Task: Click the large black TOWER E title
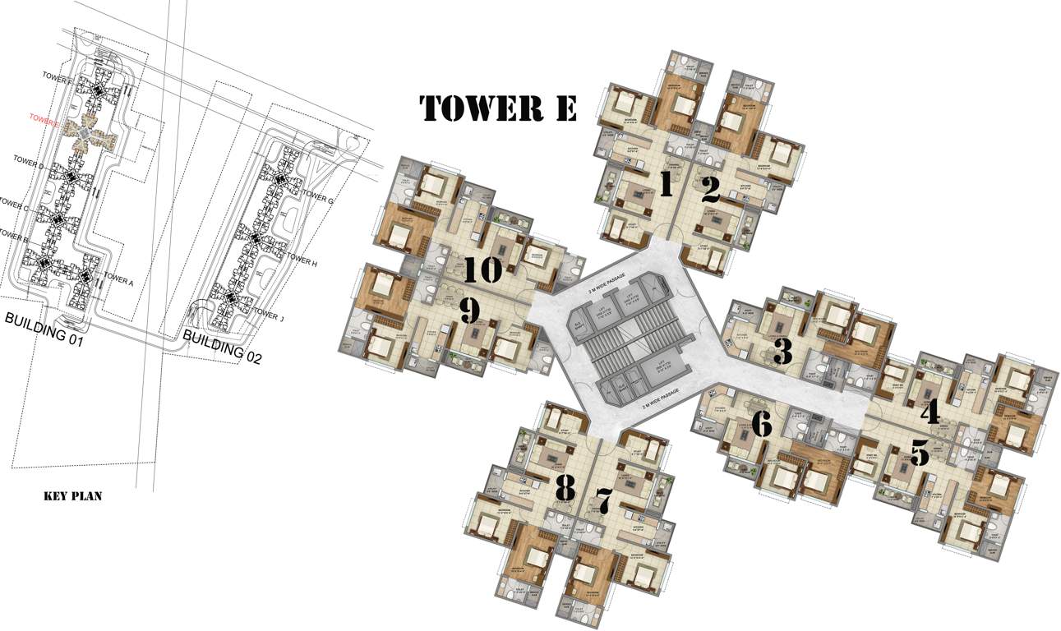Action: (x=498, y=108)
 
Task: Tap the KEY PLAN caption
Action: (x=72, y=496)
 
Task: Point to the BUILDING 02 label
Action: (x=221, y=345)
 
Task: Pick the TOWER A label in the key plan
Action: (x=118, y=281)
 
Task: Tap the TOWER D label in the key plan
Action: (x=30, y=167)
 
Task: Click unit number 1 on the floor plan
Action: (x=666, y=184)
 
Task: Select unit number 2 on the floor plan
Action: (x=710, y=190)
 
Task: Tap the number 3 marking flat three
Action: (x=782, y=352)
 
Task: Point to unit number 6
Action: (x=762, y=424)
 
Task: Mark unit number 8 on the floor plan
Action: (x=565, y=488)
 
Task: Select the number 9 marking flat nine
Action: (x=469, y=311)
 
